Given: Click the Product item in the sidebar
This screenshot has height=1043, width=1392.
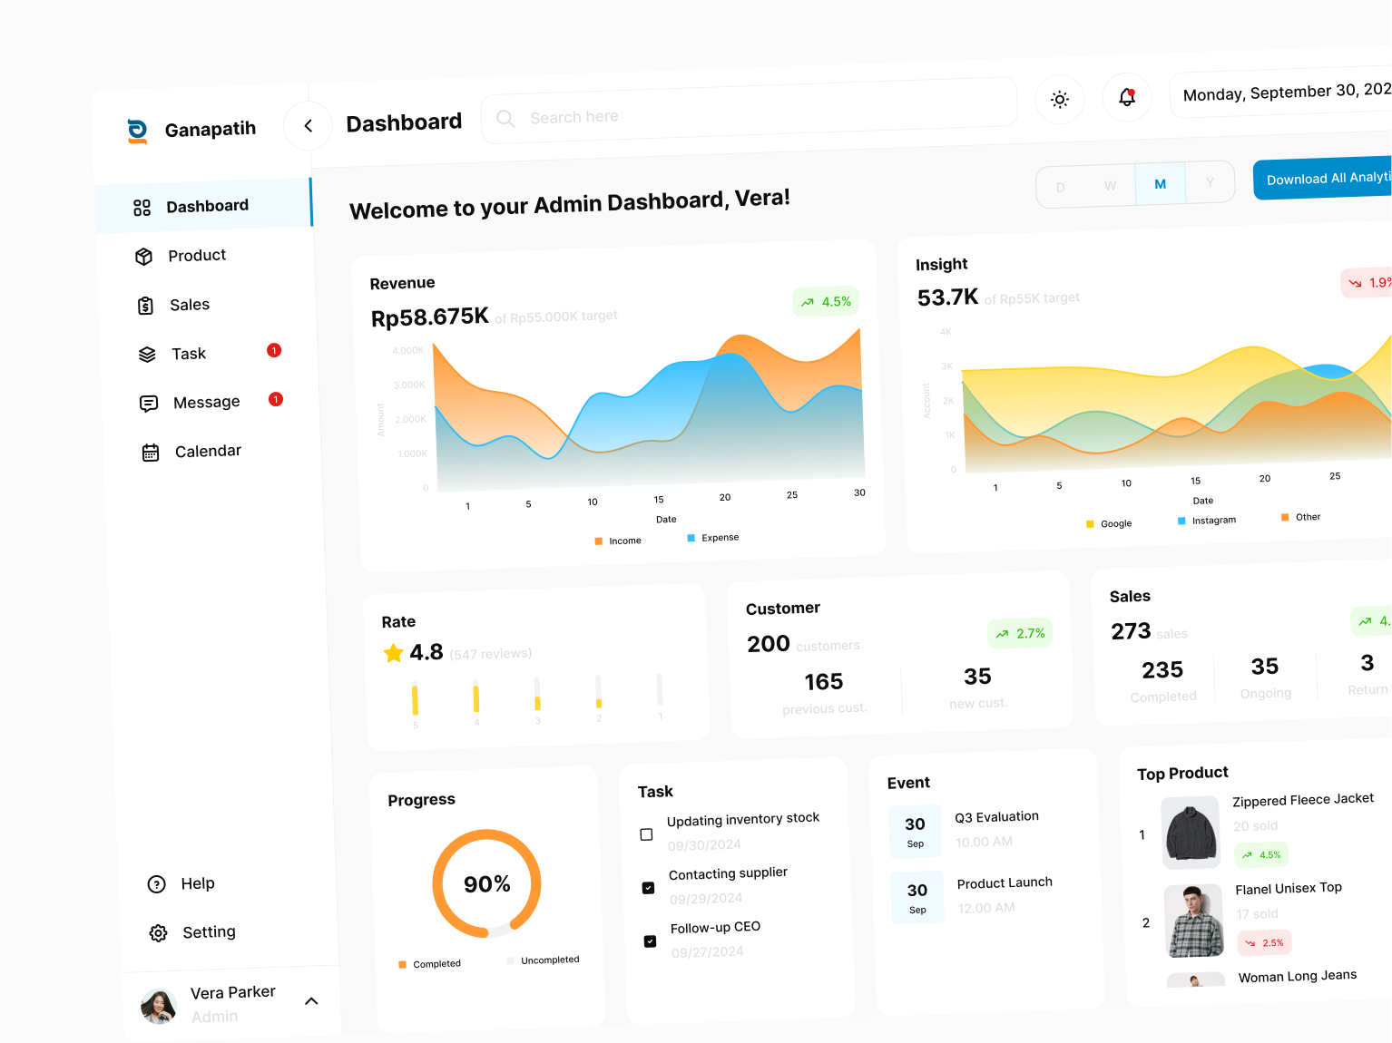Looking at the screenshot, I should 196,256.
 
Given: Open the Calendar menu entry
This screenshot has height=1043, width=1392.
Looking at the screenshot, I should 207,452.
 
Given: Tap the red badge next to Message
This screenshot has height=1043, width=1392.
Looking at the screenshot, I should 276,399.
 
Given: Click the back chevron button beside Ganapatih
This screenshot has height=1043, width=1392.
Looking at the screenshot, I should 309,126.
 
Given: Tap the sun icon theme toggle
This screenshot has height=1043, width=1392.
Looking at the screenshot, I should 1059,100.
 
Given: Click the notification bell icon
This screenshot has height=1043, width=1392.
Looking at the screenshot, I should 1127,97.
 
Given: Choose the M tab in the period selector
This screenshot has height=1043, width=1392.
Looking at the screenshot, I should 1160,184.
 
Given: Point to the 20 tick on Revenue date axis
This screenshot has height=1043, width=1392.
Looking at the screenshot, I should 725,497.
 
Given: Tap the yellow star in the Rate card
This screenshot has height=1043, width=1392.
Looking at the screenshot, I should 394,653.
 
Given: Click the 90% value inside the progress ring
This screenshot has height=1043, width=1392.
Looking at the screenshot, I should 487,884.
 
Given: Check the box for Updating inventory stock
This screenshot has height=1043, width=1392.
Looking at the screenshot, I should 646,834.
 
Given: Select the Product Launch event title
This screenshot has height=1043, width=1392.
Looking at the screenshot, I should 1005,883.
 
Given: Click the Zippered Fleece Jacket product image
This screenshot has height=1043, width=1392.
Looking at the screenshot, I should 1191,833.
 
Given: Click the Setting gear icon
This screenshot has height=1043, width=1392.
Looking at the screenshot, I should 159,933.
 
